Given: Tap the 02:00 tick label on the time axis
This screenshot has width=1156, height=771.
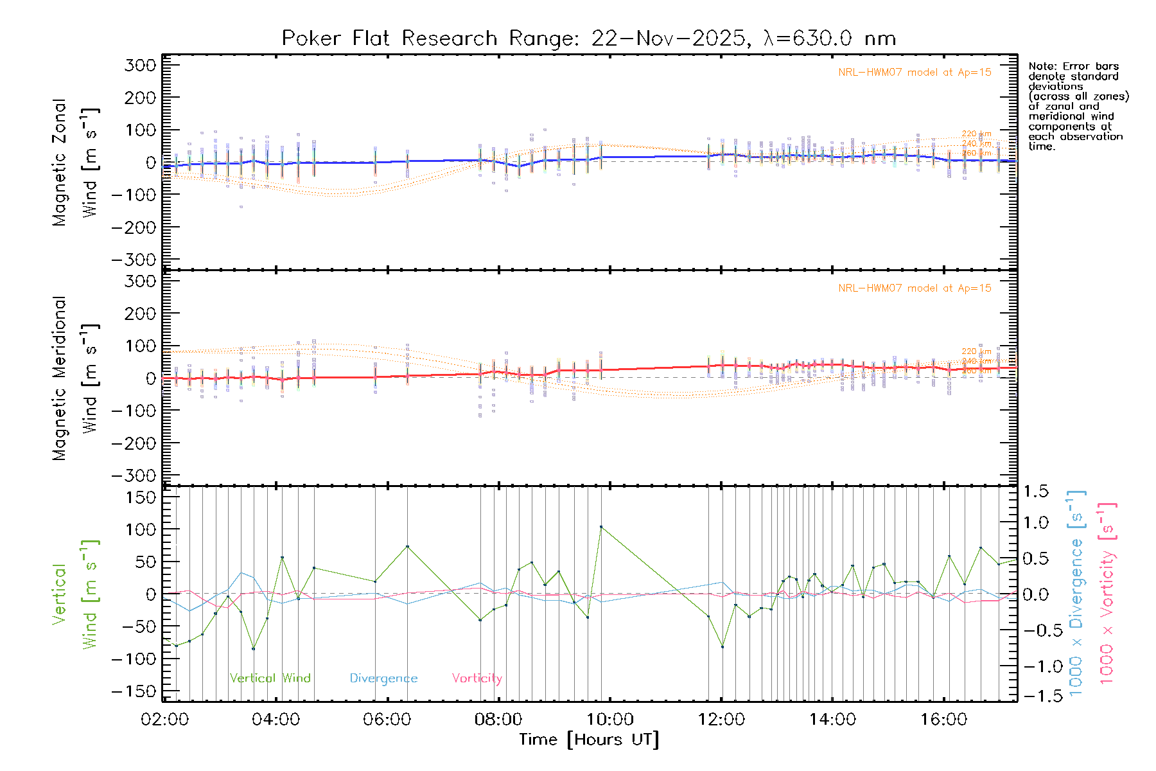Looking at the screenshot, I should pos(165,720).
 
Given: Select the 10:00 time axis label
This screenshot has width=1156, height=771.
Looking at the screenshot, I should pos(610,720).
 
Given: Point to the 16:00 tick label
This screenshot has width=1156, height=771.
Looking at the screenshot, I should pos(943,720).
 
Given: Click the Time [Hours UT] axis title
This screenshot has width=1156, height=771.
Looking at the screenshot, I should pos(589,740).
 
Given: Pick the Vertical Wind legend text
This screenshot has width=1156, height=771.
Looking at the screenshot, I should pos(270,678).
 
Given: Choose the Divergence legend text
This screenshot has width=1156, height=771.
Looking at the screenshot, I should pos(383,678).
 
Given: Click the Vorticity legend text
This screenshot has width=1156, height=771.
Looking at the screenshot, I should pos(477,678).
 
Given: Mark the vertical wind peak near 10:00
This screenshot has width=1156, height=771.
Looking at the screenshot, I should pos(601,527).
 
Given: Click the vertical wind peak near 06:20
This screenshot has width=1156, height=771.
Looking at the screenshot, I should pos(407,546).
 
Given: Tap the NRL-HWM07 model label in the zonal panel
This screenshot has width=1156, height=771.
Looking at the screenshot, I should pos(915,73).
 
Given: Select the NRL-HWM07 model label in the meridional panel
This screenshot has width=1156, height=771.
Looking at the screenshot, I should pos(915,288).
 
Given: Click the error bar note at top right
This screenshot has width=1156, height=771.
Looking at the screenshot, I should pos(1078,106).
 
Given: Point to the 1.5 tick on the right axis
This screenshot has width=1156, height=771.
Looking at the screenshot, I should pos(1035,492).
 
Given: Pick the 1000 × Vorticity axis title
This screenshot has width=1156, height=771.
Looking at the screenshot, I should pos(1107,593).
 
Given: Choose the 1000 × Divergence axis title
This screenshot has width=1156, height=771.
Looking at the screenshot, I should pos(1076,593).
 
